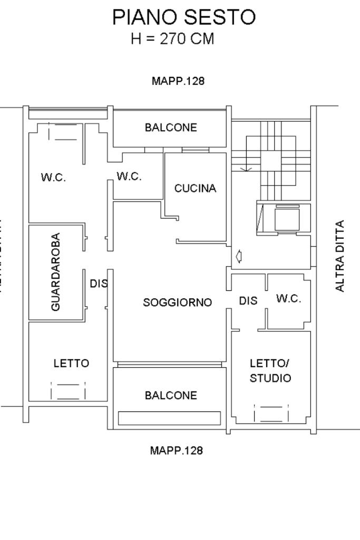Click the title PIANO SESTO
pyautogui.click(x=184, y=17)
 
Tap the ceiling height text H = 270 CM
pyautogui.click(x=172, y=39)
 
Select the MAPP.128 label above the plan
pyautogui.click(x=178, y=81)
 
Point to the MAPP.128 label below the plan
pyautogui.click(x=177, y=450)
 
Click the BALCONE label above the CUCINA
pyautogui.click(x=171, y=127)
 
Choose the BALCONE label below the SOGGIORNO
pyautogui.click(x=171, y=395)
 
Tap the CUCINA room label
pyautogui.click(x=195, y=189)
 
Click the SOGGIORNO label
pyautogui.click(x=178, y=302)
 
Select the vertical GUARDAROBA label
pyautogui.click(x=56, y=272)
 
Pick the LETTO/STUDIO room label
pyautogui.click(x=270, y=371)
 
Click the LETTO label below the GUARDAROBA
pyautogui.click(x=71, y=364)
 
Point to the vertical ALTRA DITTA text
pyautogui.click(x=340, y=256)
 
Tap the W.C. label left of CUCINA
pyautogui.click(x=129, y=176)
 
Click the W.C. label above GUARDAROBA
pyautogui.click(x=53, y=178)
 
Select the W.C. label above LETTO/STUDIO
pyautogui.click(x=289, y=299)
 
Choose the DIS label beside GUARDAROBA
pyautogui.click(x=99, y=283)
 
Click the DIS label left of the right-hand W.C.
pyautogui.click(x=248, y=301)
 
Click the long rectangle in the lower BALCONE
pyautogui.click(x=169, y=418)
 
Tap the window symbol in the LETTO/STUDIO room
pyautogui.click(x=271, y=414)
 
